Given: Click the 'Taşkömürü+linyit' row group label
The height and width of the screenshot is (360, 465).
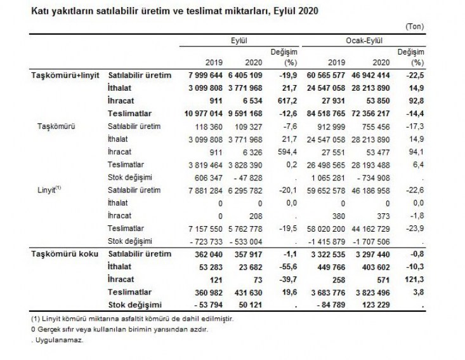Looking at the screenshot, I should coord(65,75).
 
